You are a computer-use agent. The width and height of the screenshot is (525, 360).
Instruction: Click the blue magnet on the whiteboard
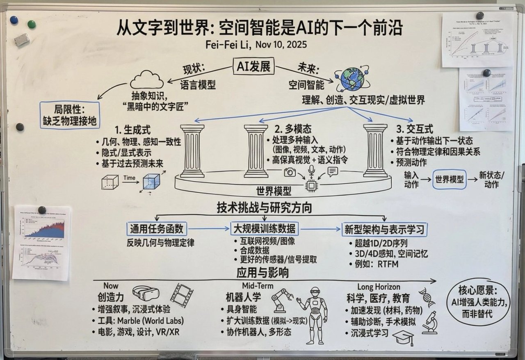(14, 20)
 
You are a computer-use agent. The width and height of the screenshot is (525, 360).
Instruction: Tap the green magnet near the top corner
(32, 24)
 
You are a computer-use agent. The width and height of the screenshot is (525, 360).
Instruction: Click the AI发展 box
(254, 66)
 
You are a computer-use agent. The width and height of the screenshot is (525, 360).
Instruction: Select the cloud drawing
(147, 79)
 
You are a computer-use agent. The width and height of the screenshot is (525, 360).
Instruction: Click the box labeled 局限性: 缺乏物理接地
(70, 115)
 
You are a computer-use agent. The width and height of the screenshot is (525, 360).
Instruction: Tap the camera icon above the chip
(290, 172)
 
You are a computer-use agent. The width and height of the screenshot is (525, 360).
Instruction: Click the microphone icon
(311, 170)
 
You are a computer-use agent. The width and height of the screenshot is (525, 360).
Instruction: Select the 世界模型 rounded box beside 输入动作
(449, 179)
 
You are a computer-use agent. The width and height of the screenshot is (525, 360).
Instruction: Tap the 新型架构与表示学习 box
(384, 229)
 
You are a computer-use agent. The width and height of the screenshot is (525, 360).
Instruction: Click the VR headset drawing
(146, 293)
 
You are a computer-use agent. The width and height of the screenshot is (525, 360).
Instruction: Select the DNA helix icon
(427, 297)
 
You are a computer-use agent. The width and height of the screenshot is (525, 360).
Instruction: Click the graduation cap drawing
(403, 338)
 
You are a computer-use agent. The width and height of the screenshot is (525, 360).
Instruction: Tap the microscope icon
(430, 323)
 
